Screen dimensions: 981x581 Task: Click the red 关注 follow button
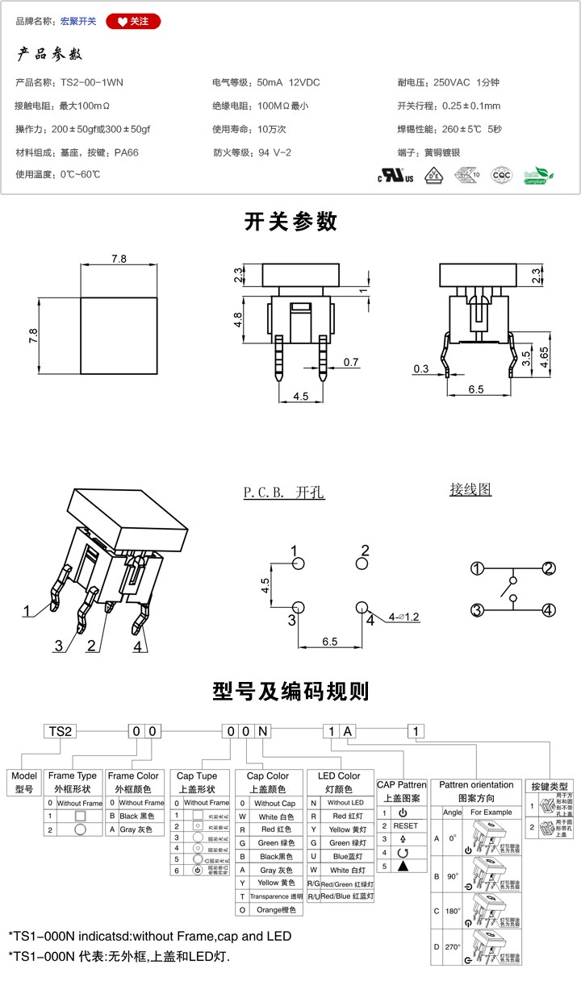pos(133,21)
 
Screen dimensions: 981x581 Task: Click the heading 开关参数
pos(290,222)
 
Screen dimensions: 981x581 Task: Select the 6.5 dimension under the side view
pos(475,389)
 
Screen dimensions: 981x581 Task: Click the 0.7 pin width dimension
pos(350,363)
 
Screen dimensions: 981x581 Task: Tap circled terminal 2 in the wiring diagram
pos(549,569)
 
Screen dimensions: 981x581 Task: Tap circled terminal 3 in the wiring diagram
pos(478,610)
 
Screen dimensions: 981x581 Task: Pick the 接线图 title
pos(470,489)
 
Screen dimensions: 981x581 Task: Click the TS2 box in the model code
pos(61,731)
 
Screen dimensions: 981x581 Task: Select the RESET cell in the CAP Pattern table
pos(405,825)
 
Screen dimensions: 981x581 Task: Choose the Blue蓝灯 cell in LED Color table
pos(340,856)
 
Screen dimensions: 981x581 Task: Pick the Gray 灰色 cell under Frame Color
pos(135,829)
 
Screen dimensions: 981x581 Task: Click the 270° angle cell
pos(452,947)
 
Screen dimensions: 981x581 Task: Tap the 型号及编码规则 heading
pos(290,691)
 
